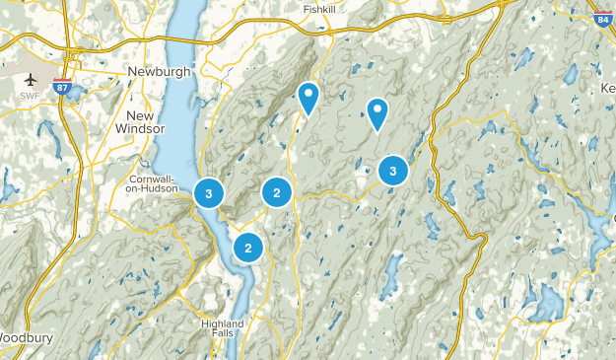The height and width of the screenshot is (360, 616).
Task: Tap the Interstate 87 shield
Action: (64, 87)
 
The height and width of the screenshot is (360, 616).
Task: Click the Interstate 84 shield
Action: (602, 19)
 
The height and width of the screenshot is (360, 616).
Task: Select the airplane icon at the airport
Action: (29, 79)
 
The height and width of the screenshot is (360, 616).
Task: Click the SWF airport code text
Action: (29, 96)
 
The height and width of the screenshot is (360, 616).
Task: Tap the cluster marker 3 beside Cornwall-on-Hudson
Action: (209, 192)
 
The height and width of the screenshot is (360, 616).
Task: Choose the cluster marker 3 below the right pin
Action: (393, 172)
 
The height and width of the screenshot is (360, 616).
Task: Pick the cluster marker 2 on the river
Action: (248, 248)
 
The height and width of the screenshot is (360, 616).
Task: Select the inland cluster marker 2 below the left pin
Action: (277, 192)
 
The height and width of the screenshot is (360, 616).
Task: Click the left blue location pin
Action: (308, 97)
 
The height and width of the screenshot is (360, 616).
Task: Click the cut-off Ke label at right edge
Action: (607, 88)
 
